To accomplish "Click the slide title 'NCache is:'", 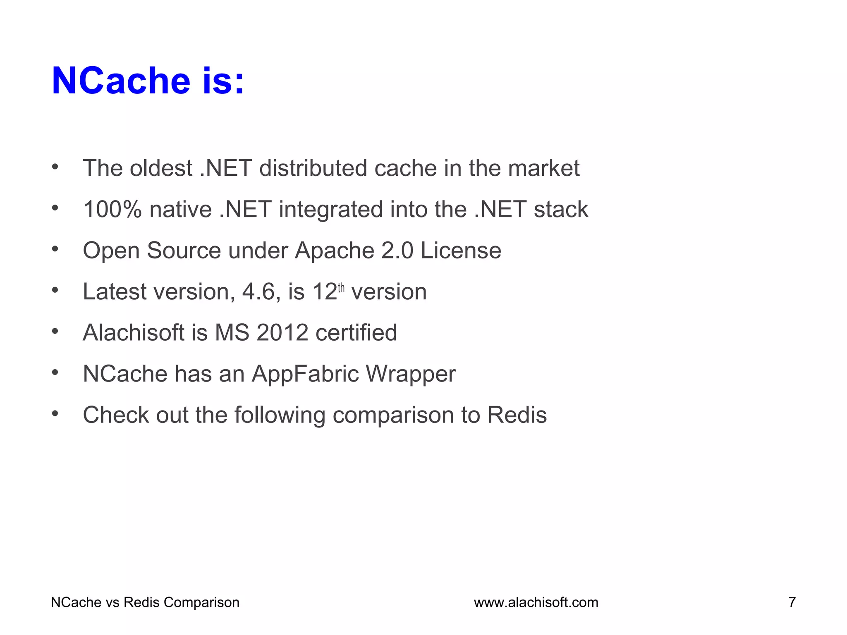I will click(x=148, y=81).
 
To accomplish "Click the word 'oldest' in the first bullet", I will click(x=161, y=168).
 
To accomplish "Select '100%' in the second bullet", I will click(x=112, y=209).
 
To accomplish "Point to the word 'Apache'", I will click(x=334, y=251).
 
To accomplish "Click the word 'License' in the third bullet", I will click(x=461, y=251).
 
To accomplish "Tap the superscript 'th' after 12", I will click(x=341, y=288).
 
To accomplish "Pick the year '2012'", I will click(x=282, y=332).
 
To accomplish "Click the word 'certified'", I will click(x=356, y=332).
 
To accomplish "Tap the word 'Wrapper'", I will click(x=411, y=374).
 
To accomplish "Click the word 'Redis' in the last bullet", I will click(x=517, y=415).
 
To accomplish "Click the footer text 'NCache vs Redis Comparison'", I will click(x=145, y=602).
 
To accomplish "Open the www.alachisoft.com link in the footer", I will click(x=536, y=602).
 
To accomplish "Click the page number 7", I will click(x=792, y=602).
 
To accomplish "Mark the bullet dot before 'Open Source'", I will click(x=55, y=249).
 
